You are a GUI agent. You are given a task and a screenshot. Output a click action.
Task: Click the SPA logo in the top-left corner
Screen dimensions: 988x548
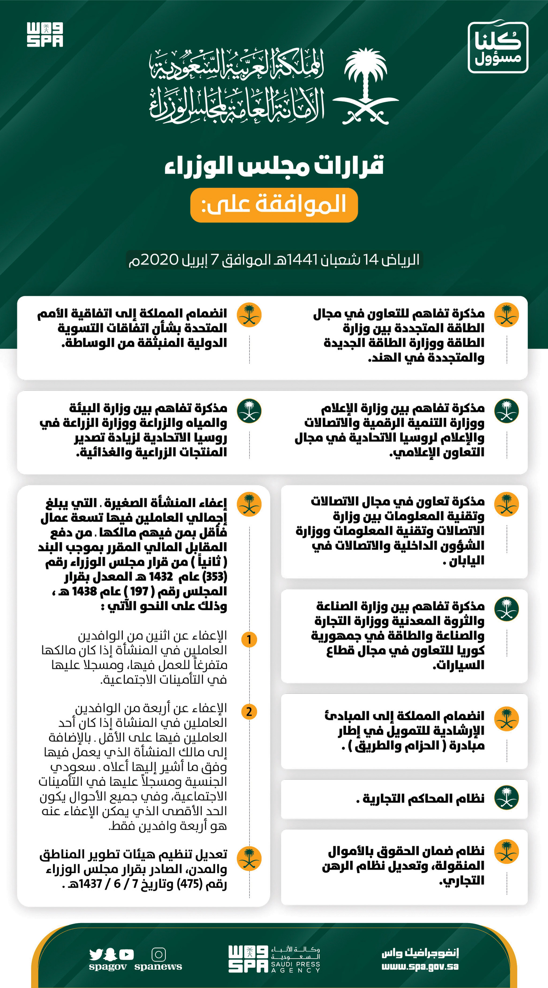click(x=45, y=35)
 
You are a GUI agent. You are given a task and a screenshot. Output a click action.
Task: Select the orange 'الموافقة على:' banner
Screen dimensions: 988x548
click(x=274, y=205)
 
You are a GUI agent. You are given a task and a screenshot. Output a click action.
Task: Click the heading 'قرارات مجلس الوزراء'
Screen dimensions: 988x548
click(x=274, y=166)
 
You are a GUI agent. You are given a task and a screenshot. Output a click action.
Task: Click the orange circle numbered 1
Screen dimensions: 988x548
click(x=249, y=639)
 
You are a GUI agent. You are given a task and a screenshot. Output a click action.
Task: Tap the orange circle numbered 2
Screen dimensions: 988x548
click(x=249, y=711)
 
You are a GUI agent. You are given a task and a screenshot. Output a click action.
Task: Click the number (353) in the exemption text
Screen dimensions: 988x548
click(x=215, y=577)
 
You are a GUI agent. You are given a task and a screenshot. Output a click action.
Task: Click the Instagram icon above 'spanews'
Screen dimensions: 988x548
click(x=158, y=954)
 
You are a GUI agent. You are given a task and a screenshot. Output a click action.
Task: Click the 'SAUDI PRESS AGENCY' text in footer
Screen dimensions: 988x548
click(x=295, y=967)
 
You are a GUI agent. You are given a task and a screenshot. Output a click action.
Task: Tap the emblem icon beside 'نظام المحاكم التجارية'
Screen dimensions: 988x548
click(x=506, y=798)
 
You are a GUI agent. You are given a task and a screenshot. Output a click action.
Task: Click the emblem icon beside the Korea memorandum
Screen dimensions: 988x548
click(x=506, y=609)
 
